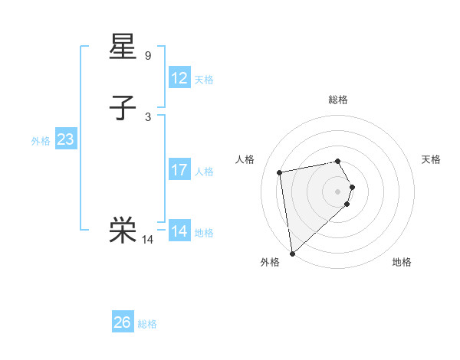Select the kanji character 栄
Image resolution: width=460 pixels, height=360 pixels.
coord(123,229)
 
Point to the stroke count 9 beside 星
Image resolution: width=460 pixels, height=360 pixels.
coord(148,56)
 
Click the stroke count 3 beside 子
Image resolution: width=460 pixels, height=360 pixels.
coord(148,116)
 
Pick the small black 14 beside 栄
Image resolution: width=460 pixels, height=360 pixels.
coord(148,240)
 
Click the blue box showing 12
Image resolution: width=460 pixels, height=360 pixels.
coord(179,78)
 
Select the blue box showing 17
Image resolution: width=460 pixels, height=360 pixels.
coord(179,170)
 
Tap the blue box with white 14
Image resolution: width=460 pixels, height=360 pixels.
coord(179,231)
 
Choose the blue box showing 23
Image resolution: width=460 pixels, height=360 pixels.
coord(66,139)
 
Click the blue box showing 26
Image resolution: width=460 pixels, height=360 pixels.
coord(123,322)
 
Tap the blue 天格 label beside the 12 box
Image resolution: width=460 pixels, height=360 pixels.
coord(204,80)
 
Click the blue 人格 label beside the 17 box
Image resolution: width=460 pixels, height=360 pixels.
coord(204,172)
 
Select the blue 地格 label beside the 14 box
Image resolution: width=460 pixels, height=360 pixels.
coord(204,233)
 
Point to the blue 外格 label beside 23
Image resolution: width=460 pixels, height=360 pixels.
coord(41,141)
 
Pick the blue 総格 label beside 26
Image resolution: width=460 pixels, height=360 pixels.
coord(147,324)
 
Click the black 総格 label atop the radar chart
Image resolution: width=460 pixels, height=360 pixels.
coord(338,100)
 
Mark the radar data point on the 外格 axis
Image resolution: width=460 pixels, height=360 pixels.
coord(292,253)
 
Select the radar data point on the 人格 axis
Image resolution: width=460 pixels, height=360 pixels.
coord(280,172)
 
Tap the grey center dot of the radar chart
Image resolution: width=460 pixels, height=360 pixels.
coord(338,191)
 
